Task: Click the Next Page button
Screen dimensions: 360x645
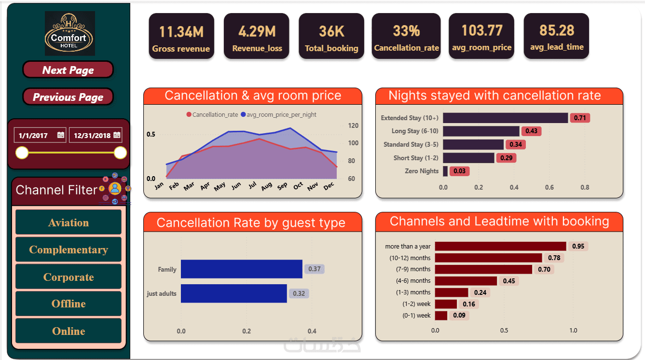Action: (68, 70)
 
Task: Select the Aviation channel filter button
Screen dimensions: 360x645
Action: (69, 222)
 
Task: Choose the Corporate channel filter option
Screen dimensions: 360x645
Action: (69, 277)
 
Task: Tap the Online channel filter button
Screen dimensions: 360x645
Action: (69, 331)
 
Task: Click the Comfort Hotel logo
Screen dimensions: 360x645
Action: (69, 34)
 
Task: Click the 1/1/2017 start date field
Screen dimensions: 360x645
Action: (34, 136)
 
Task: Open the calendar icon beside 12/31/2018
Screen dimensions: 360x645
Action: (117, 135)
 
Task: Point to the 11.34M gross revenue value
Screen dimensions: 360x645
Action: (181, 32)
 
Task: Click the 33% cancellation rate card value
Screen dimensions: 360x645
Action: (406, 31)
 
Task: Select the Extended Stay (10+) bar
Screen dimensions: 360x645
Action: (505, 118)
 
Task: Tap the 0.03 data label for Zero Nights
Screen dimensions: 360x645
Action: (459, 171)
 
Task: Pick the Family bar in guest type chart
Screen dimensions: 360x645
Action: (241, 269)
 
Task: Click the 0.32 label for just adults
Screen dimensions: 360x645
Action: (299, 293)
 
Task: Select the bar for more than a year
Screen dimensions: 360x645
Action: (500, 246)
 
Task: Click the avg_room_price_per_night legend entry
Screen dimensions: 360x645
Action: (278, 115)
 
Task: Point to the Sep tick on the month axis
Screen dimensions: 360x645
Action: (282, 186)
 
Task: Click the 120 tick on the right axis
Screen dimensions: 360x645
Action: (353, 126)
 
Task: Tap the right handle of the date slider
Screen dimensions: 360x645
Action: (120, 153)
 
